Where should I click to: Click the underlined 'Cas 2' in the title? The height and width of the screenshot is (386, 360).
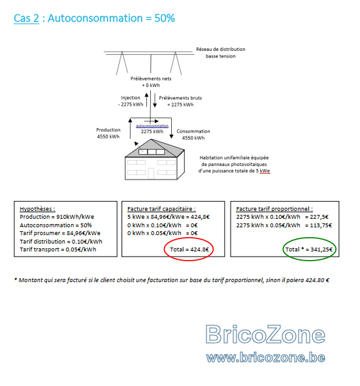pyautogui.click(x=26, y=18)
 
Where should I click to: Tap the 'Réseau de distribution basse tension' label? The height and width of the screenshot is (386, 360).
pyautogui.click(x=221, y=53)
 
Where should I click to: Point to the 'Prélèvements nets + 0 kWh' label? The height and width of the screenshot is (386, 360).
pyautogui.click(x=151, y=82)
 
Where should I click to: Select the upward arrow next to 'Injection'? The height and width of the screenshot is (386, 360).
pyautogui.click(x=146, y=100)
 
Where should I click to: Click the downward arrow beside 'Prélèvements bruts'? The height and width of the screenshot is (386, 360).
pyautogui.click(x=155, y=100)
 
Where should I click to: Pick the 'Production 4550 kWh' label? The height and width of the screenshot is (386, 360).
pyautogui.click(x=108, y=133)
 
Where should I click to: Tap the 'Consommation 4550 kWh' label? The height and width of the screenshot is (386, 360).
pyautogui.click(x=193, y=135)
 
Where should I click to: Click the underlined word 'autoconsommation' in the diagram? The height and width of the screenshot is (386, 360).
pyautogui.click(x=152, y=126)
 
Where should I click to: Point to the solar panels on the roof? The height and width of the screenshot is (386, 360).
pyautogui.click(x=152, y=152)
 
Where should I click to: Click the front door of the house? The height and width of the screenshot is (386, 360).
pyautogui.click(x=151, y=174)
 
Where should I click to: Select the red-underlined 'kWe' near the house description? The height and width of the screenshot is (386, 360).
pyautogui.click(x=265, y=171)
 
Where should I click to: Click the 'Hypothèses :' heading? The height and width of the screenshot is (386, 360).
pyautogui.click(x=37, y=209)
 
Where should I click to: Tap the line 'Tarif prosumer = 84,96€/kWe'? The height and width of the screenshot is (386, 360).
pyautogui.click(x=60, y=233)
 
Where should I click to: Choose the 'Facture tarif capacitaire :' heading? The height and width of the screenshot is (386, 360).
pyautogui.click(x=161, y=209)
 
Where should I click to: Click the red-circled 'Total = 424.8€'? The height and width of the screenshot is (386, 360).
pyautogui.click(x=189, y=249)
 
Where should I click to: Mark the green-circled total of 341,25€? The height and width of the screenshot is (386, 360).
pyautogui.click(x=309, y=249)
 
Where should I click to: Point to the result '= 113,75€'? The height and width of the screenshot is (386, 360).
pyautogui.click(x=318, y=225)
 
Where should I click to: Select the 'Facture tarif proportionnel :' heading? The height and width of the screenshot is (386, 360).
pyautogui.click(x=274, y=209)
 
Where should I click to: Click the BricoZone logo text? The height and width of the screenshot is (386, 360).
pyautogui.click(x=265, y=334)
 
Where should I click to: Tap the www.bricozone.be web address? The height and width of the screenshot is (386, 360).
pyautogui.click(x=266, y=357)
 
